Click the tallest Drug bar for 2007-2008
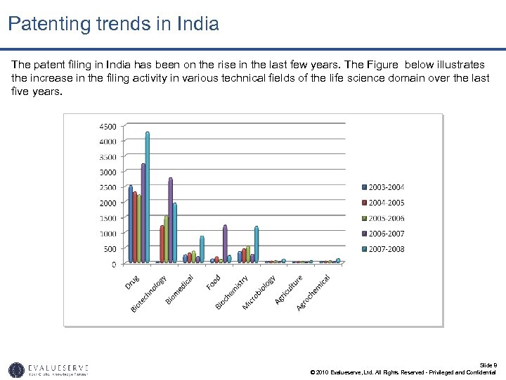148,198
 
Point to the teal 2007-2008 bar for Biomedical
202,250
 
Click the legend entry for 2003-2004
383,187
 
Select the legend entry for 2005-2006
383,218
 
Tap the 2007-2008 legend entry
383,249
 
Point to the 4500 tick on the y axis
108,127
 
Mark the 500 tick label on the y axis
110,249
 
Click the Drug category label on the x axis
132,281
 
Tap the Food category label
214,281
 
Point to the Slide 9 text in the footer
488,365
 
